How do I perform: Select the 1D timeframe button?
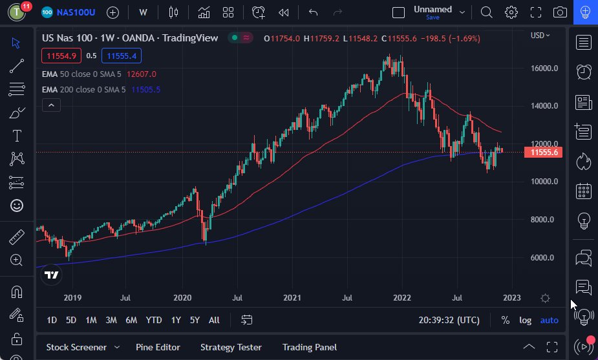pyautogui.click(x=52, y=320)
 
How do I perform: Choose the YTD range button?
pyautogui.click(x=153, y=320)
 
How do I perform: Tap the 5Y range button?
pyautogui.click(x=195, y=320)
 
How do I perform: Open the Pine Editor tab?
pyautogui.click(x=158, y=347)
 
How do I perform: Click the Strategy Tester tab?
pyautogui.click(x=231, y=347)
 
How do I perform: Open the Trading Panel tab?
pyautogui.click(x=309, y=347)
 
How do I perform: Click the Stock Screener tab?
pyautogui.click(x=76, y=347)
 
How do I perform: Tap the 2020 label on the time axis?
pyautogui.click(x=182, y=298)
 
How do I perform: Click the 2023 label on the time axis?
pyautogui.click(x=511, y=298)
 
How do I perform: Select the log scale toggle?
pyautogui.click(x=525, y=320)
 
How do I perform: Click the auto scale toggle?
pyautogui.click(x=549, y=320)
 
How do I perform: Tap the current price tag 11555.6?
pyautogui.click(x=544, y=153)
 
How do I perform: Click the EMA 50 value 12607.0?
pyautogui.click(x=142, y=74)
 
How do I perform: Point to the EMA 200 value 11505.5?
pyautogui.click(x=145, y=90)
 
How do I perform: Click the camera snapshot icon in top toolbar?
pyautogui.click(x=561, y=12)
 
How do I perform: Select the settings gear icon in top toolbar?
pyautogui.click(x=511, y=12)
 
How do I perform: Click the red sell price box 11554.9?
pyautogui.click(x=61, y=56)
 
